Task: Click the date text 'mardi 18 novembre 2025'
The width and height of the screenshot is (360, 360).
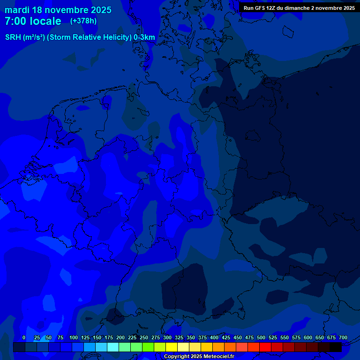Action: point(58,10)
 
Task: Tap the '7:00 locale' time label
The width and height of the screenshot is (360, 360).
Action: point(33,21)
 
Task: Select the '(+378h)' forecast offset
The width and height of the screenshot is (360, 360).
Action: point(83,21)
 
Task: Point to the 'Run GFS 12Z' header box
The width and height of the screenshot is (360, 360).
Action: point(299,8)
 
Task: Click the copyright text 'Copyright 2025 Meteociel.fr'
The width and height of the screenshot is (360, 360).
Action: point(199,357)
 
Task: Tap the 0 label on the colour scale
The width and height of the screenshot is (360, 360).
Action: point(24,337)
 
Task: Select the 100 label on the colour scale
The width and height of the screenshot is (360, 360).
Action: point(74,337)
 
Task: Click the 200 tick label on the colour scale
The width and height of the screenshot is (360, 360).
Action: point(120,337)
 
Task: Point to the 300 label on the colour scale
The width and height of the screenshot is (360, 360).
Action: point(167,337)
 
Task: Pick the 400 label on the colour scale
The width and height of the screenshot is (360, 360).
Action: point(214,337)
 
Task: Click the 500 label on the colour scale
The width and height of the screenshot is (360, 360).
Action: point(261,337)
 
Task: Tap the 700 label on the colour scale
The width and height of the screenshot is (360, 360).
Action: point(343,337)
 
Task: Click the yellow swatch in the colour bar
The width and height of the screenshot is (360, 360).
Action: point(172,347)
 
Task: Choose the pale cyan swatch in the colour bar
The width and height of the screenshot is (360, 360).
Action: point(113,347)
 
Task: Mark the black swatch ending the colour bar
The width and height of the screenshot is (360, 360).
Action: point(336,347)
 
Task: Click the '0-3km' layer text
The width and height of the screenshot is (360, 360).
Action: point(144,37)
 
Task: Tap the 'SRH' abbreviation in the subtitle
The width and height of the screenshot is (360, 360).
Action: point(13,37)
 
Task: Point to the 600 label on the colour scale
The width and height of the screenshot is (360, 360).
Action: point(308,337)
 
